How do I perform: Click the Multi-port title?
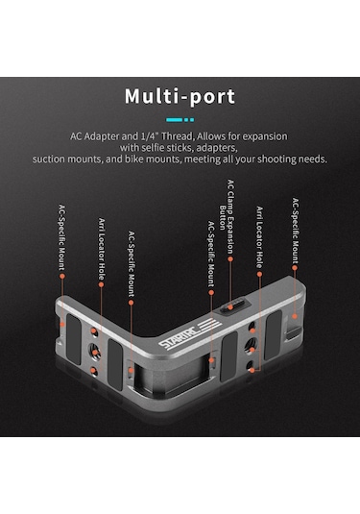(x=180, y=97)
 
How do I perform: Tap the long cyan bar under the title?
(x=175, y=120)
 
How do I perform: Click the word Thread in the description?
(x=178, y=136)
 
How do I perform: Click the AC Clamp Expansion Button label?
(x=227, y=217)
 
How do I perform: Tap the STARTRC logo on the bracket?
(x=189, y=334)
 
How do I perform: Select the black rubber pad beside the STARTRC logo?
(x=229, y=356)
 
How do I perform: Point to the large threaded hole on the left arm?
(x=94, y=352)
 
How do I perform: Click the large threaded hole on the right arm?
(x=251, y=346)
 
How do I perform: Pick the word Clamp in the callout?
(x=231, y=203)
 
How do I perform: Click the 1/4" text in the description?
(x=151, y=135)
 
